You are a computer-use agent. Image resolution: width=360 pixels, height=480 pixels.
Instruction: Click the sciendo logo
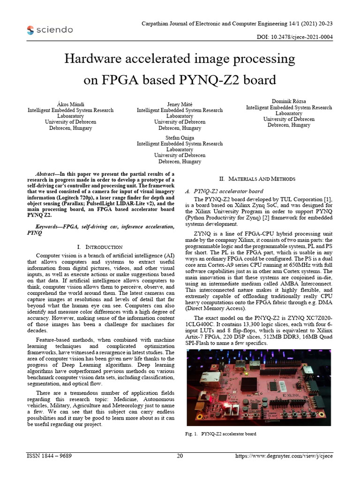click(50, 30)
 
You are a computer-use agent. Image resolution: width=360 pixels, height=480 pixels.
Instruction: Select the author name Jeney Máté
click(180, 104)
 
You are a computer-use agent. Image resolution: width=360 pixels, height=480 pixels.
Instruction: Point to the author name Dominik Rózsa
click(289, 101)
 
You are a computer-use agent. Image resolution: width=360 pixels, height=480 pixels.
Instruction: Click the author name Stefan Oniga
click(180, 137)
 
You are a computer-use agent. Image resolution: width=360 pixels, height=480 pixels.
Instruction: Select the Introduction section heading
click(99, 247)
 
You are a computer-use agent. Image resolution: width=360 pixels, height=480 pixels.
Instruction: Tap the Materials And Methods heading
click(257, 179)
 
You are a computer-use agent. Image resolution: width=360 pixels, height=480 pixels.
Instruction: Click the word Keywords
click(45, 226)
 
